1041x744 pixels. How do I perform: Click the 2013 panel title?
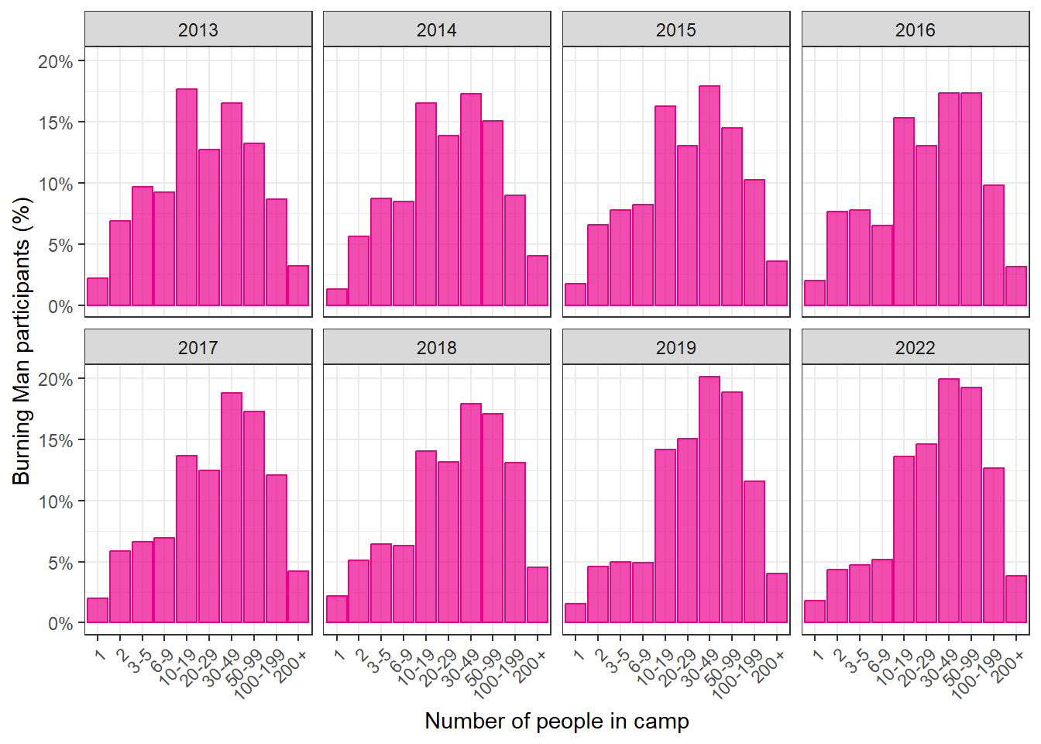click(x=198, y=30)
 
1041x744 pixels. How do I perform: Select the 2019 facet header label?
click(x=675, y=348)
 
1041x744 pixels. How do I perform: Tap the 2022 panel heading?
click(x=915, y=348)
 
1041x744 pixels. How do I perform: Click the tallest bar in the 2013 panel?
click(x=187, y=197)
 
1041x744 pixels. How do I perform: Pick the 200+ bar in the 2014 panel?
click(x=538, y=281)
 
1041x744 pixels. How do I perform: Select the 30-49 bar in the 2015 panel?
click(x=709, y=196)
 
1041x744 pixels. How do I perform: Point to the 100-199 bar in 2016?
click(x=994, y=246)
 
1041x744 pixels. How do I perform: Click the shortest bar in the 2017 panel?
click(x=97, y=610)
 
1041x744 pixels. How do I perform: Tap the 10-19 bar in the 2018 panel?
click(x=426, y=536)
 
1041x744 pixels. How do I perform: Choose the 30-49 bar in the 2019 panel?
click(x=709, y=499)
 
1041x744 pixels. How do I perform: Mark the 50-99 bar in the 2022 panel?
click(x=971, y=505)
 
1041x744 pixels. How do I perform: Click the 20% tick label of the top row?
click(x=55, y=62)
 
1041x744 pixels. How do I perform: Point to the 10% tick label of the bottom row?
click(x=55, y=501)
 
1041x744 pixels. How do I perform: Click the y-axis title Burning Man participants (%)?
click(x=22, y=341)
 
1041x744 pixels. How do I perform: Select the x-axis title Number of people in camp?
click(x=557, y=722)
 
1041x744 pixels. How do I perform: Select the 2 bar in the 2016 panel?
click(x=837, y=259)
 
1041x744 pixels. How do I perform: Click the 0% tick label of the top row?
click(x=60, y=307)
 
